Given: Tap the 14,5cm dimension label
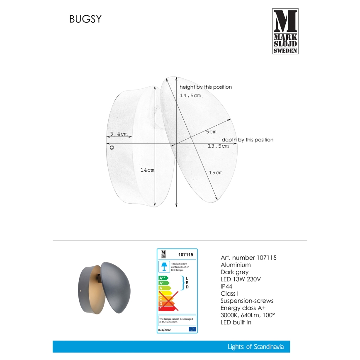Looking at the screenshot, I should point(190,96).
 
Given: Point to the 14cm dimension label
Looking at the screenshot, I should point(147,170).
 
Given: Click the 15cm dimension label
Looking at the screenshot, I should point(216,173).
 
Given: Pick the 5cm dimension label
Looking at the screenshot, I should point(211,132).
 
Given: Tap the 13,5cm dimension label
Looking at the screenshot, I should point(218,146).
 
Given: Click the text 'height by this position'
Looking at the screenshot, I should point(206,87).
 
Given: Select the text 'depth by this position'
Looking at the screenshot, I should point(248,140).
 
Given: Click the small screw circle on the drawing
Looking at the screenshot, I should point(112,147).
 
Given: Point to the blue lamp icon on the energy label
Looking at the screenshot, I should point(164,265).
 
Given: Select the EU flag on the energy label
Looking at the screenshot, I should point(192,329).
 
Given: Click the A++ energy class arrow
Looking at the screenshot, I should point(163,278).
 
